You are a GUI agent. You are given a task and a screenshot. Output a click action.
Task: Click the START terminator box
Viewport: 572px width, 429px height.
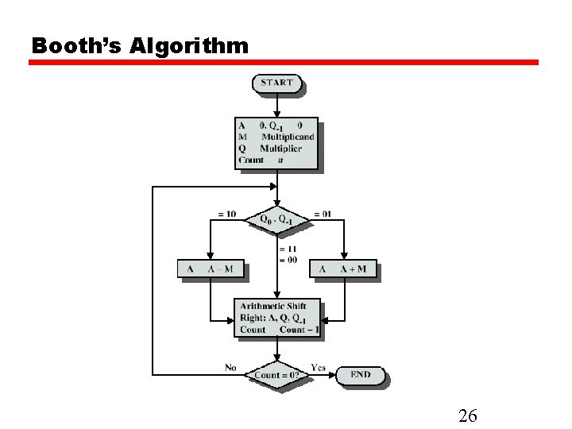(276, 83)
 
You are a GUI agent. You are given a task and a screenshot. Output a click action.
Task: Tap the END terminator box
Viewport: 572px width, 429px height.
(360, 374)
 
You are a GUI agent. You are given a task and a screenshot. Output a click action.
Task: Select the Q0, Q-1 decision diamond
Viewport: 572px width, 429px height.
(276, 218)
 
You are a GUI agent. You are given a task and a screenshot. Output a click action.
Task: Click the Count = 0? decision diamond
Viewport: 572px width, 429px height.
(276, 375)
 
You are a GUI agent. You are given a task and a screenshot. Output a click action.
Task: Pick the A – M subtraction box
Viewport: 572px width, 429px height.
(211, 269)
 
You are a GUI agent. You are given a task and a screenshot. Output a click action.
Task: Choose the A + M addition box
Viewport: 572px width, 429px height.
(342, 269)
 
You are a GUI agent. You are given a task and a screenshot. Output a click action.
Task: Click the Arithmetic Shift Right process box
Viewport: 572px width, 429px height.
(276, 318)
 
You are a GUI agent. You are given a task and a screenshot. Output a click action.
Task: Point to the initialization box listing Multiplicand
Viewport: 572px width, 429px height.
(276, 143)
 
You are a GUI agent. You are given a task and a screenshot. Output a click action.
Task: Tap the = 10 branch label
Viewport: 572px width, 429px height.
(226, 214)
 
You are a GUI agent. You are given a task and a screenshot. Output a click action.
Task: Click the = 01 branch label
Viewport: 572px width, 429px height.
(323, 214)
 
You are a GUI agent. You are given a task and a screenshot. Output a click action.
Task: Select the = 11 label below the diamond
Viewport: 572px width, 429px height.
(287, 249)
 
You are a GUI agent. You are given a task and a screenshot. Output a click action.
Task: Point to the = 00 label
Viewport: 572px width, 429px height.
(287, 260)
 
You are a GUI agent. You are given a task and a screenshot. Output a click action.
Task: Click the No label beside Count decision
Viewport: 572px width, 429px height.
(230, 367)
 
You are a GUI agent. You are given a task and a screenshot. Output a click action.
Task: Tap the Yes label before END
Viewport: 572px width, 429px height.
(318, 367)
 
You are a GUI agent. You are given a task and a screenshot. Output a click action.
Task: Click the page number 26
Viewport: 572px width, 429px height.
(467, 415)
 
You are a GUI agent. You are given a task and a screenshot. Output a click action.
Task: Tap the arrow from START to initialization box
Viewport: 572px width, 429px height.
(276, 105)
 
